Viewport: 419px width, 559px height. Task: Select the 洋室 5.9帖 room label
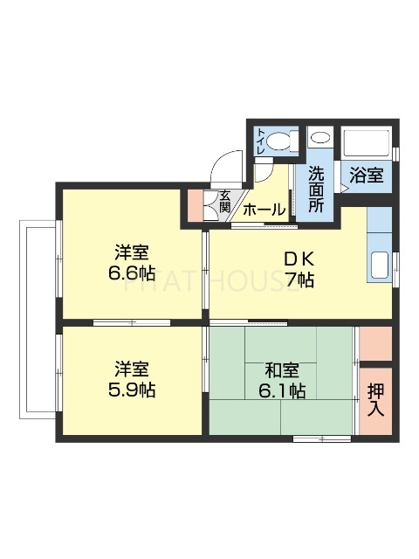click(x=131, y=378)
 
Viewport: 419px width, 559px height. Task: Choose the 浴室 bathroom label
click(x=366, y=175)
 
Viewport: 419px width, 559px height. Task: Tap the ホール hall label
click(x=263, y=210)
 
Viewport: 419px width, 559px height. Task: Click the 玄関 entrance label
click(x=224, y=202)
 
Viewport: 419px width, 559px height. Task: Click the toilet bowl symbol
click(x=280, y=142)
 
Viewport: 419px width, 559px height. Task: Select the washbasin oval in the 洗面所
click(x=319, y=138)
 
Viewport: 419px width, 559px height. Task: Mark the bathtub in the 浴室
click(x=367, y=143)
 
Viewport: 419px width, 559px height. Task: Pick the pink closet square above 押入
click(x=376, y=342)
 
